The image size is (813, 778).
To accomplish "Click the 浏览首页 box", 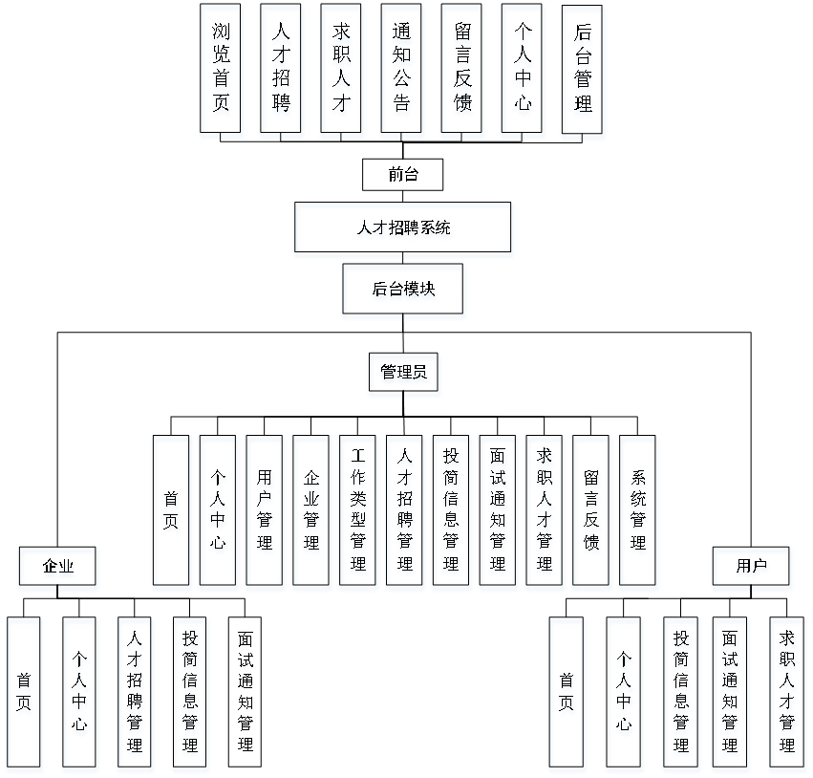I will click(222, 73).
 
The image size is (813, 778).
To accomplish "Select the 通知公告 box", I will click(402, 73).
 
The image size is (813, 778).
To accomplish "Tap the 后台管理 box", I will click(583, 73).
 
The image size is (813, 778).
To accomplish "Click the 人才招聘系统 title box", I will click(404, 230).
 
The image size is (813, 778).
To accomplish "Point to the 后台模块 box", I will click(404, 292).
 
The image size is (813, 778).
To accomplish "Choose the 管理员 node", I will click(404, 375).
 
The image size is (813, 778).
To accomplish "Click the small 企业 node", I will click(58, 569).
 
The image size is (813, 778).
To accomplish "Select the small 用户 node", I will click(752, 569).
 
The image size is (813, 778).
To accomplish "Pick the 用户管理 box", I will click(266, 513).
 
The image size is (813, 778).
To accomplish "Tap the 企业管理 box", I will click(312, 513).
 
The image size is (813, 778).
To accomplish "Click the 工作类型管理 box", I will click(358, 513).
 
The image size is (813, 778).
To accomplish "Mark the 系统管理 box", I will click(638, 513).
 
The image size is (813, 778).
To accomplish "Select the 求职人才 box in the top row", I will click(342, 73).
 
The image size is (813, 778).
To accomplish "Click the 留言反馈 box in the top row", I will click(462, 73).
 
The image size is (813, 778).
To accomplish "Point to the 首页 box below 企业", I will click(25, 695).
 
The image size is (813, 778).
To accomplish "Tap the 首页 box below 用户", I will click(567, 695).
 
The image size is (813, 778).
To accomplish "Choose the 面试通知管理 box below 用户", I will click(732, 695).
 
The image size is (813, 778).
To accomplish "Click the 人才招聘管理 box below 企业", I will click(136, 695).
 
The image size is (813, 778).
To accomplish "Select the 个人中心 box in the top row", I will click(523, 73).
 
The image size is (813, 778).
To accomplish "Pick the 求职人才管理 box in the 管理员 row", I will click(546, 513).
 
